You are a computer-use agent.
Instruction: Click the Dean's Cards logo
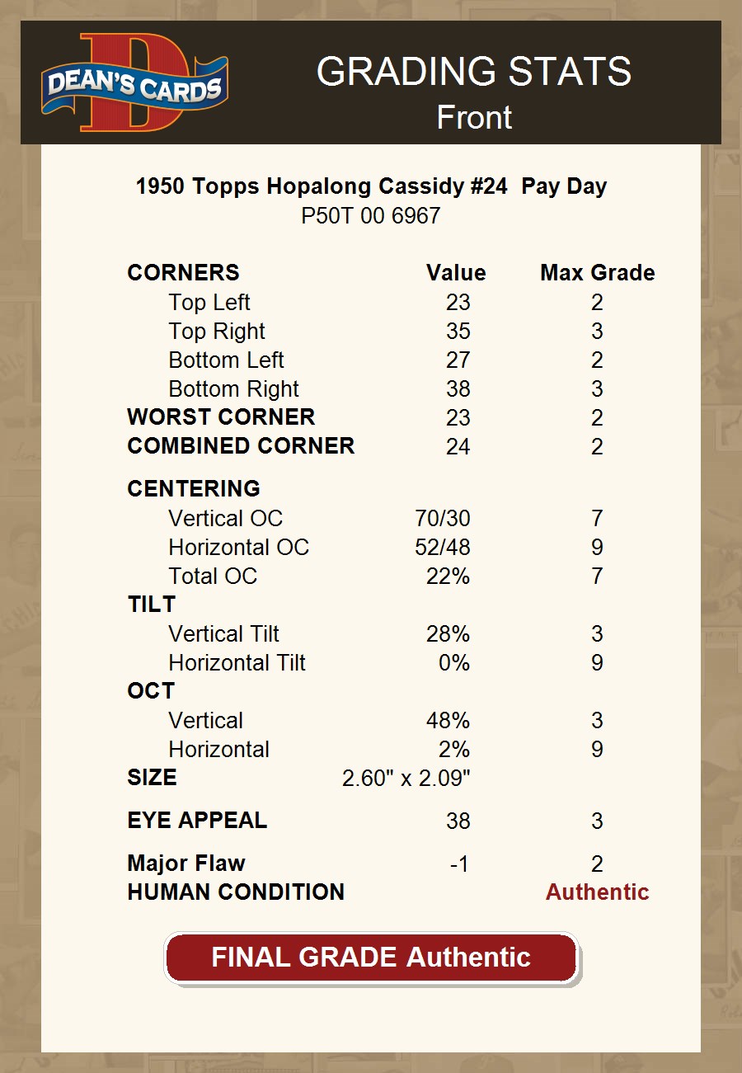pyautogui.click(x=135, y=82)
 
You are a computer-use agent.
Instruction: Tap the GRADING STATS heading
pyautogui.click(x=474, y=72)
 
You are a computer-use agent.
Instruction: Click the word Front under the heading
pyautogui.click(x=474, y=117)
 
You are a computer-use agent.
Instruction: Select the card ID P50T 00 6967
pyautogui.click(x=371, y=216)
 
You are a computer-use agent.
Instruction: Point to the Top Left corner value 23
pyautogui.click(x=458, y=303)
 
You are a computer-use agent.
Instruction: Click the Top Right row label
pyautogui.click(x=217, y=332)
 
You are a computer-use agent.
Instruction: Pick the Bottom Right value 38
pyautogui.click(x=458, y=389)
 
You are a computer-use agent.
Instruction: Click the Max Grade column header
pyautogui.click(x=598, y=273)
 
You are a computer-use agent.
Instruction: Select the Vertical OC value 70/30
pyautogui.click(x=443, y=519)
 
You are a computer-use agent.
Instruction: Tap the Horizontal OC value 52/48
pyautogui.click(x=443, y=548)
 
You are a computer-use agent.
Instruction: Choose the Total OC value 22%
pyautogui.click(x=448, y=577)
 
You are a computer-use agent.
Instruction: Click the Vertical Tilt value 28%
pyautogui.click(x=448, y=634)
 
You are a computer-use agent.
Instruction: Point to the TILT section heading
pyautogui.click(x=152, y=605)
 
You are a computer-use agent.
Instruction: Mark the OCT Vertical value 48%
pyautogui.click(x=448, y=721)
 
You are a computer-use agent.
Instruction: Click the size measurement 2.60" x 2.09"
pyautogui.click(x=406, y=778)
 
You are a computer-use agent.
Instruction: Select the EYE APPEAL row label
pyautogui.click(x=197, y=821)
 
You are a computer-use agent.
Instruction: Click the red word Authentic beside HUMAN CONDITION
pyautogui.click(x=597, y=892)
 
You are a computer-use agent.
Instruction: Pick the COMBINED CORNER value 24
pyautogui.click(x=458, y=447)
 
